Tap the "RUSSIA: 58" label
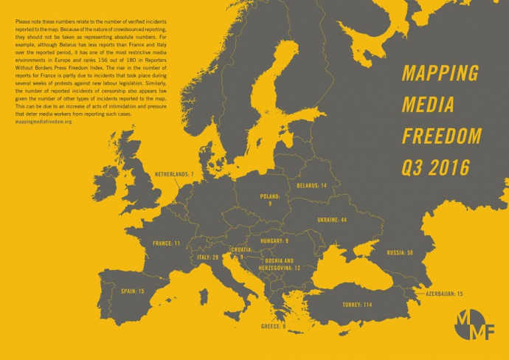coord(400,253)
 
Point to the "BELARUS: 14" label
coord(312,186)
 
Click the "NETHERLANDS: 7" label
coord(174,175)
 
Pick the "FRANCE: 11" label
coord(166,243)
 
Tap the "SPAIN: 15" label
coord(132,292)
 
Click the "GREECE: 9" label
coord(273,325)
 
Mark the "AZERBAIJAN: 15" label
coord(445,294)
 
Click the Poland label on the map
coord(270,200)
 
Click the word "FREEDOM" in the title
coord(441,136)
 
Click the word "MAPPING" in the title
coord(440,74)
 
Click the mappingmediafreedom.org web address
coord(43,121)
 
